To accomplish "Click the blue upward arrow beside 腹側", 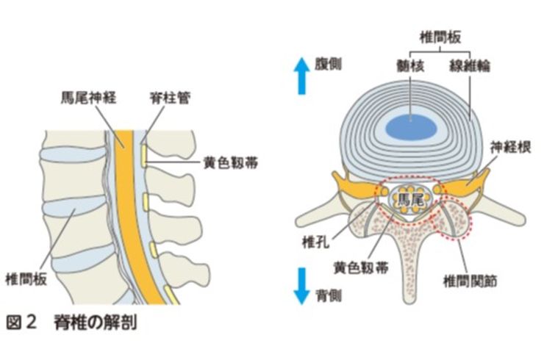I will coord(301,76).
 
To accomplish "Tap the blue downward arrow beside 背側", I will coord(301,286).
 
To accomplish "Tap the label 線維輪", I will coord(470,66).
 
